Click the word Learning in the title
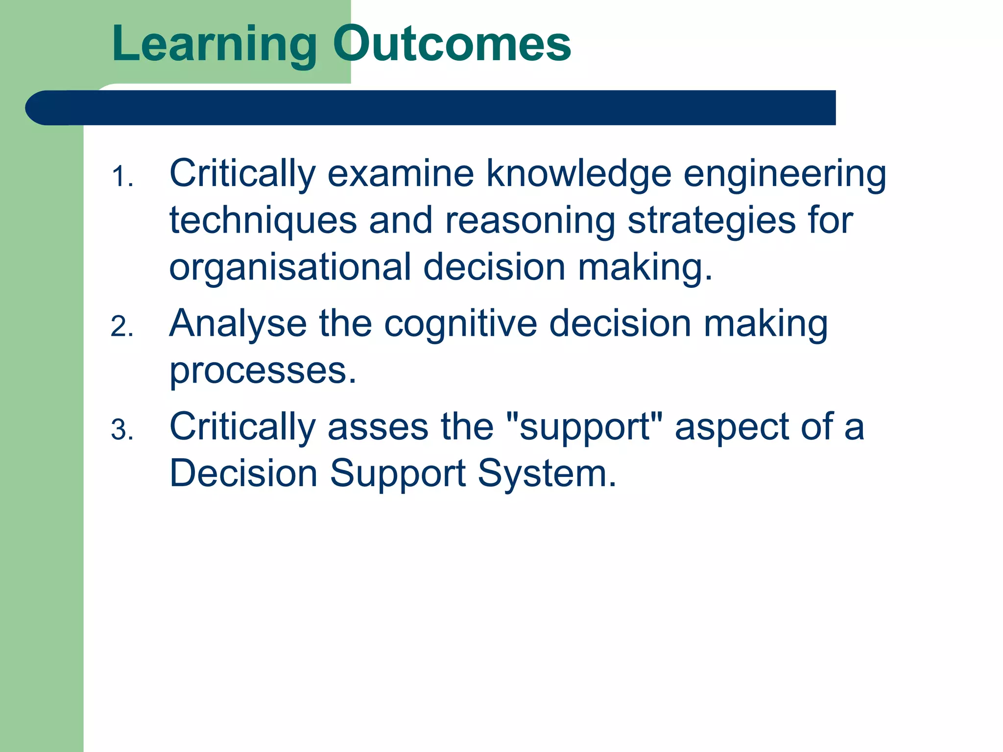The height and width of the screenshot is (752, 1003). [x=215, y=45]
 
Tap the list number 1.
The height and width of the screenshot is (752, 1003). [x=121, y=177]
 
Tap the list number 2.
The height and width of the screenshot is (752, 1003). [x=121, y=327]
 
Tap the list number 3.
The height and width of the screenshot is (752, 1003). [x=121, y=430]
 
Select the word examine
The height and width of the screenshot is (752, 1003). [x=401, y=174]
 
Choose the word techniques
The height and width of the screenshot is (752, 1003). [x=263, y=221]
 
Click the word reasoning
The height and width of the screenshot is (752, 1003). [x=530, y=221]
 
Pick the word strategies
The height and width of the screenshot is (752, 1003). [x=712, y=221]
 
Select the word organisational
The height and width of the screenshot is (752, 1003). [x=290, y=268]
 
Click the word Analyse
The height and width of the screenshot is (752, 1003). [x=238, y=324]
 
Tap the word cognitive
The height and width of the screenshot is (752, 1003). [x=460, y=324]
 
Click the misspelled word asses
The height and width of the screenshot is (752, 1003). [x=378, y=427]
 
